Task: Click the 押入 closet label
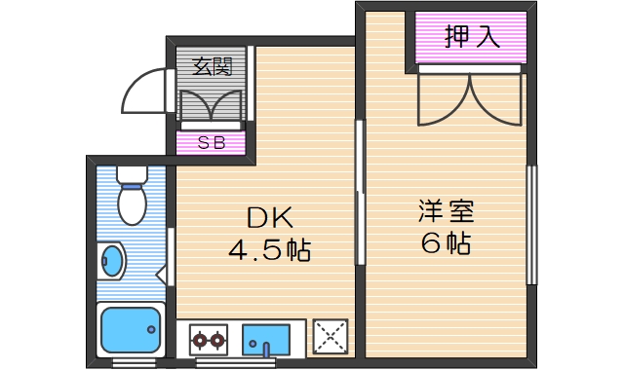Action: (472, 38)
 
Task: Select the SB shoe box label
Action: (212, 142)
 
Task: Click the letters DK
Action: (269, 218)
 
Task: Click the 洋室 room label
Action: (447, 210)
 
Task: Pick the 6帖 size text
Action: (447, 243)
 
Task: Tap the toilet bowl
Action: (131, 203)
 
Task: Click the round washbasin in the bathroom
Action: (113, 262)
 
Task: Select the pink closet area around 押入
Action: (472, 40)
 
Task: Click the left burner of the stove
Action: (199, 341)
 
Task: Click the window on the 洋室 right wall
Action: (531, 224)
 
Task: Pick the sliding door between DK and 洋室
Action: (359, 192)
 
